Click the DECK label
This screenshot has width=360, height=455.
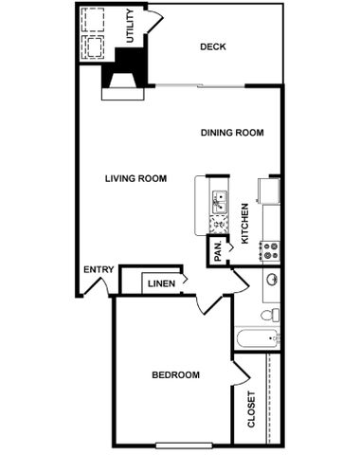point(213,46)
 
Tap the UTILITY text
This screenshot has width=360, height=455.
point(130,26)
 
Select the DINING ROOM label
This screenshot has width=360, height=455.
point(232,133)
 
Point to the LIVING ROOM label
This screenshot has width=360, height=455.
point(135,178)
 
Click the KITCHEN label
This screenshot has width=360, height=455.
point(244,224)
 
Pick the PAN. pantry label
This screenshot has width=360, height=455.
point(218,251)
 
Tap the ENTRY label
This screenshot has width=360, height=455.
point(99,269)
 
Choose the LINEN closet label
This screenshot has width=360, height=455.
point(161,283)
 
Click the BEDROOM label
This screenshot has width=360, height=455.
point(175,375)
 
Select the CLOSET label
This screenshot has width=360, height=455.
point(251,409)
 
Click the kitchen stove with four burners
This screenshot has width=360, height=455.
point(270,251)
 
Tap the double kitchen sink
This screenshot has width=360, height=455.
point(220,203)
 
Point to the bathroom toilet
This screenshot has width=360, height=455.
point(270,315)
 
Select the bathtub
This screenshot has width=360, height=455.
point(258,338)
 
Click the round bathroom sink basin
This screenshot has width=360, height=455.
point(272,280)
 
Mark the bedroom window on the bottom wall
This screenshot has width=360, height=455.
point(184,446)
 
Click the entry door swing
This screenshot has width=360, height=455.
point(98,286)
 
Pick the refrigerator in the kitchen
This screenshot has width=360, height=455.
point(269,191)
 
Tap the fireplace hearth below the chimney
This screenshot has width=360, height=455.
point(123,94)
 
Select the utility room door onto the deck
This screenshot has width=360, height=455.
point(155,21)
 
